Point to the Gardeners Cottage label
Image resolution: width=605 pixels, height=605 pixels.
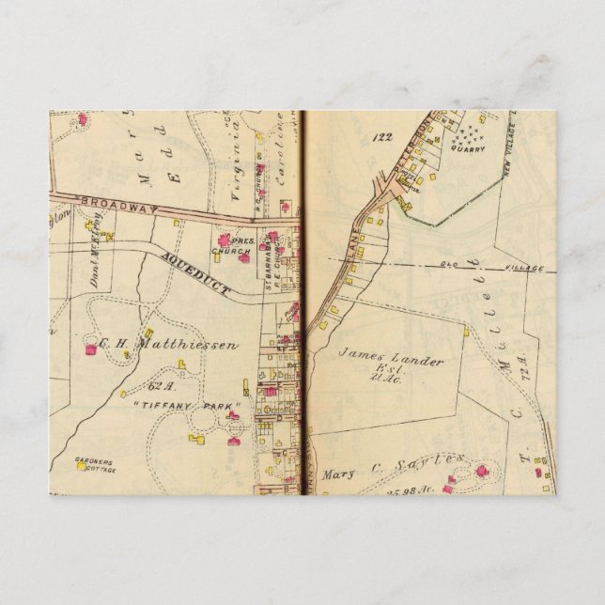tap(94, 464)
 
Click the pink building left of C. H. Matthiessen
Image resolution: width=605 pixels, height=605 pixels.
tap(91, 349)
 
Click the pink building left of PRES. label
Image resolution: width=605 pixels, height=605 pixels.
tap(222, 241)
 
